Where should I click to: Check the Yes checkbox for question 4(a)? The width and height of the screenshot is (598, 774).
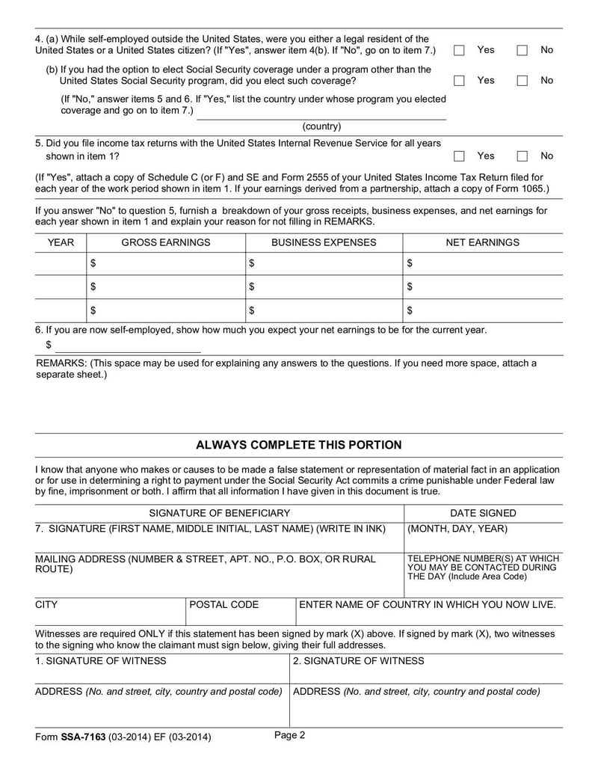coord(460,50)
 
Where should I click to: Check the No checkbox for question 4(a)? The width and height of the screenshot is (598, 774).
coord(523,50)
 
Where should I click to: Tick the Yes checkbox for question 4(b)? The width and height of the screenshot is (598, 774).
coord(460,80)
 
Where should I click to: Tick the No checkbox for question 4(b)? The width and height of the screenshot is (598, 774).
coord(523,80)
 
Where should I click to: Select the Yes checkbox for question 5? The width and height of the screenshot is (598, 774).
coord(460,156)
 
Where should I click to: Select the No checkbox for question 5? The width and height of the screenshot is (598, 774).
coord(523,156)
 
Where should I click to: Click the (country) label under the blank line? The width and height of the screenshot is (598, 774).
coord(321,127)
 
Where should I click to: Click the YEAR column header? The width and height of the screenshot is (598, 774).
coord(61,242)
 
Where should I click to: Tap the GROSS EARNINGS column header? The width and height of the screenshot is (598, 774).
coord(166,242)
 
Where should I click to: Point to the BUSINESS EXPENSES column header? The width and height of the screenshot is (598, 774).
coord(324,242)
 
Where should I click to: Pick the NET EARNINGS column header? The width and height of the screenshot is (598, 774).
coord(482,242)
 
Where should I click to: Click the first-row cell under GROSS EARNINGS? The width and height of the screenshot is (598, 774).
coord(166,263)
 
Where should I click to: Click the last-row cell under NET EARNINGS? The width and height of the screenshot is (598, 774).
coord(482,310)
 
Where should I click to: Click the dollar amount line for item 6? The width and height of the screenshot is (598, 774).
coord(128,345)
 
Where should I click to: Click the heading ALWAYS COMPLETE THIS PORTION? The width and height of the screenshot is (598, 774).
coord(298,445)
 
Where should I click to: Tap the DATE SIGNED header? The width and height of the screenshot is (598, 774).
coord(482,513)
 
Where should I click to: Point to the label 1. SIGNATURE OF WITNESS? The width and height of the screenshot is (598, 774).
coord(101,661)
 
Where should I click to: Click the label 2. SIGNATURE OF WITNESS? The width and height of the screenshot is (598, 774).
coord(358,661)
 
